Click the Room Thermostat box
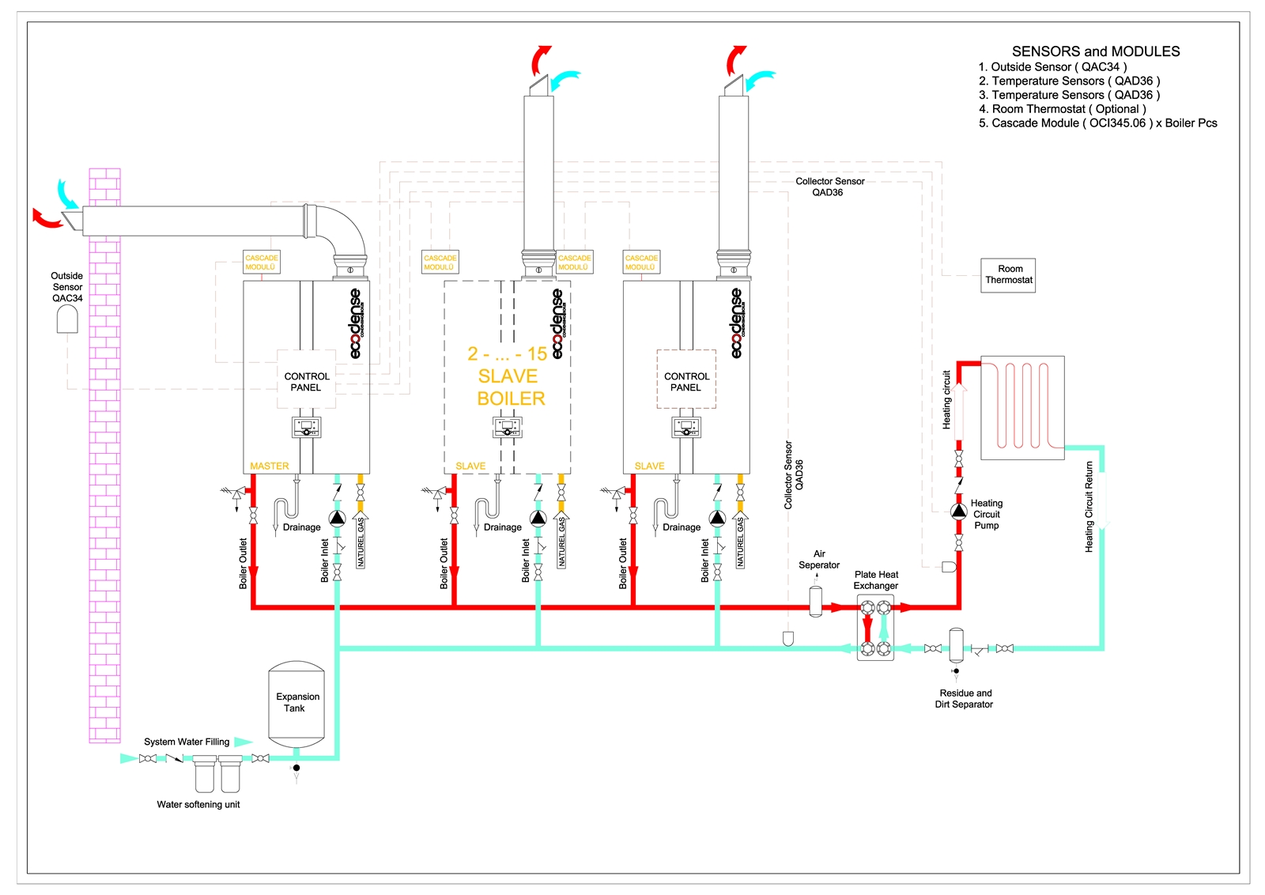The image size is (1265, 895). click(x=1008, y=275)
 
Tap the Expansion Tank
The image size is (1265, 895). click(x=296, y=703)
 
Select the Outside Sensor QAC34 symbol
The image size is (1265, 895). click(x=67, y=319)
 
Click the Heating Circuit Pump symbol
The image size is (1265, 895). click(x=958, y=512)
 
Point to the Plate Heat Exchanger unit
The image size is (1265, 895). click(x=875, y=629)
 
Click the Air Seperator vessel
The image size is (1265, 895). click(x=816, y=601)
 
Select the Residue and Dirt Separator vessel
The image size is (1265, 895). click(x=956, y=645)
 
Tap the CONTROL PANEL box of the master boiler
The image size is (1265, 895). click(x=306, y=382)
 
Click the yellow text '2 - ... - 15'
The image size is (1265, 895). click(x=507, y=354)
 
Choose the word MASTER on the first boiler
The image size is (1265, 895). click(x=270, y=466)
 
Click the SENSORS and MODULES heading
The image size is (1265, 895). click(x=1095, y=51)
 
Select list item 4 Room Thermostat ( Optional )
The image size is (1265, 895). click(x=1062, y=109)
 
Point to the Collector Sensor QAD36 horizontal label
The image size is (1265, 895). click(x=829, y=187)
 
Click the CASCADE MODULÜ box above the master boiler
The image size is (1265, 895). click(x=262, y=262)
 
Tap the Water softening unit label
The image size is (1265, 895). click(x=198, y=805)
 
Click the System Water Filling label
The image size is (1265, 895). click(x=187, y=742)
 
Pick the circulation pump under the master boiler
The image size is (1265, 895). click(x=337, y=519)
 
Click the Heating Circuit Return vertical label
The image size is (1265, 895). click(x=1089, y=506)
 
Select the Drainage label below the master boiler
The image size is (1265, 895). click(x=301, y=527)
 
